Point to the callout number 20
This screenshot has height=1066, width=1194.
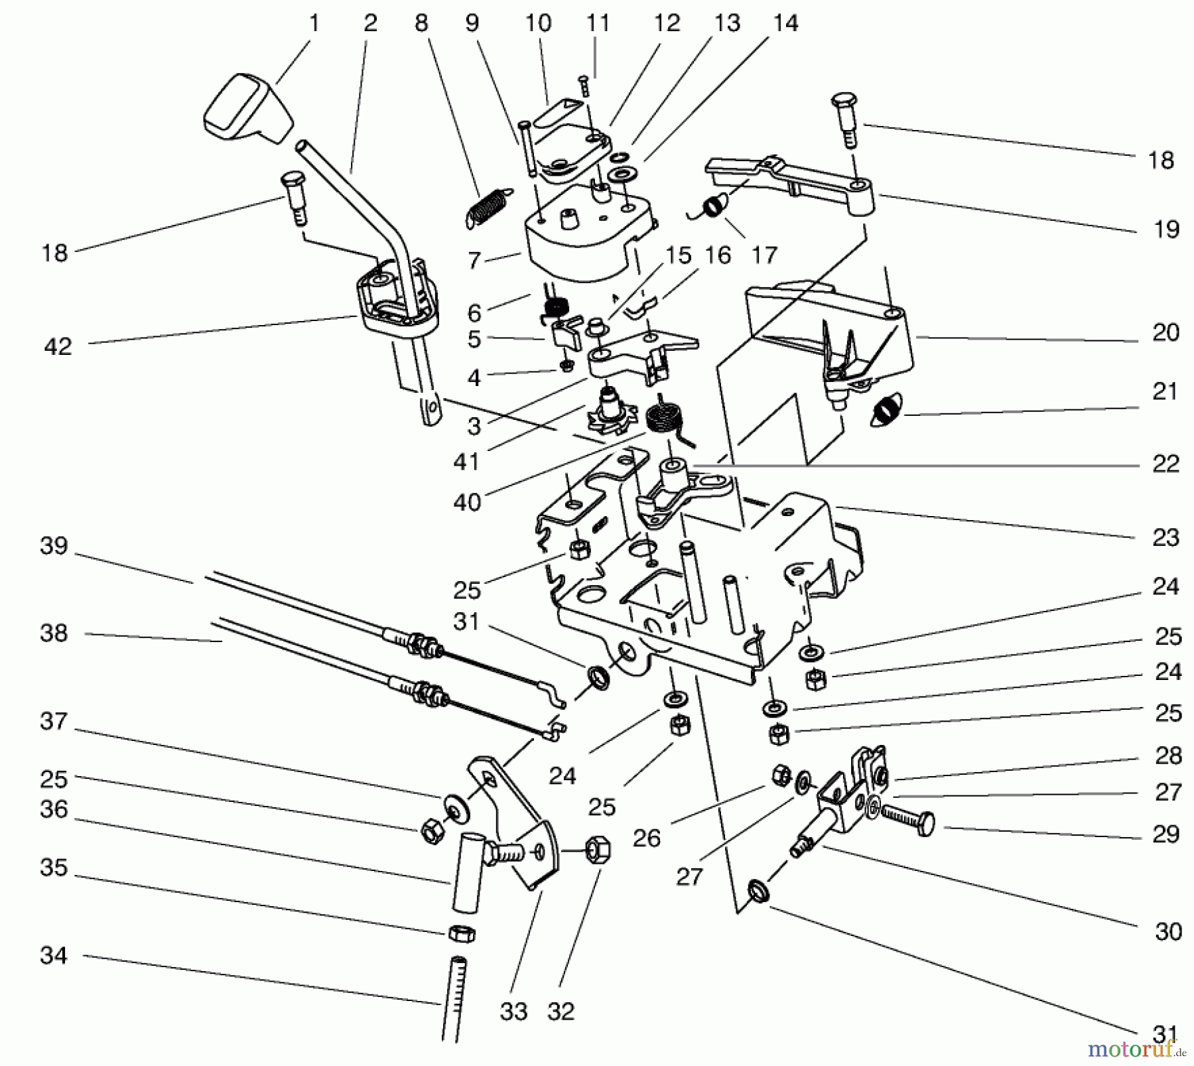[x=1165, y=332]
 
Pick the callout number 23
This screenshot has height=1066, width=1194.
[x=1165, y=537]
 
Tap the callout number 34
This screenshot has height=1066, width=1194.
[x=54, y=955]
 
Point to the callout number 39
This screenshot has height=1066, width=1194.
[x=54, y=546]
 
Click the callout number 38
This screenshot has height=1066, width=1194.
[x=54, y=633]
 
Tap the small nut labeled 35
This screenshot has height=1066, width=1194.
[x=462, y=933]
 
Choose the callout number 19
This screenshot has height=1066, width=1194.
[x=1165, y=230]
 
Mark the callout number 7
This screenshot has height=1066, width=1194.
[x=473, y=260]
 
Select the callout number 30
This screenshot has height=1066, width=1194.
[x=1168, y=931]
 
